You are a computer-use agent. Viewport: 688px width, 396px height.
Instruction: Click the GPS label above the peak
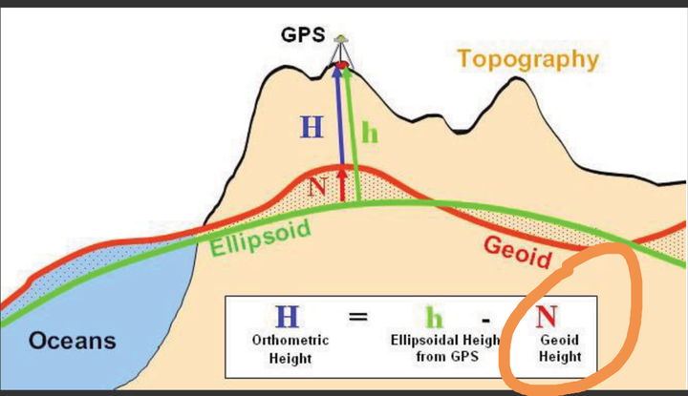(303, 35)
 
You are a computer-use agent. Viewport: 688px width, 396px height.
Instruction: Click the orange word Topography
(527, 59)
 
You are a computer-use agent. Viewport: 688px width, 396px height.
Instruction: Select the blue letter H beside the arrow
(312, 127)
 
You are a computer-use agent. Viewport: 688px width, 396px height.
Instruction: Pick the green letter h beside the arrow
(369, 134)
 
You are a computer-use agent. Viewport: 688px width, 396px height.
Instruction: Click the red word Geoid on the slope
(517, 252)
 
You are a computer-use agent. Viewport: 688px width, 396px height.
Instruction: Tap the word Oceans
(72, 341)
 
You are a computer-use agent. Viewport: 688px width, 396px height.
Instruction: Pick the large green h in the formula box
(435, 318)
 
